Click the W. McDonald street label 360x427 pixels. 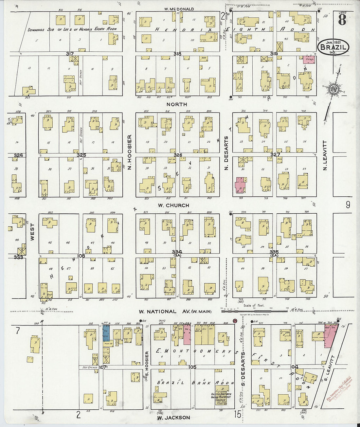click(x=179, y=9)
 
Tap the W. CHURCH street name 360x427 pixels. click(x=173, y=205)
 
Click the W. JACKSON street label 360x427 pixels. click(x=173, y=418)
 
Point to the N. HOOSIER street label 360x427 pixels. click(x=129, y=152)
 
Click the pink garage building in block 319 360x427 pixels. click(x=309, y=59)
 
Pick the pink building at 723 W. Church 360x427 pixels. click(x=241, y=185)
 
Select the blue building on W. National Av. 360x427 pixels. click(x=106, y=333)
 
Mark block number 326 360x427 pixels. click(x=178, y=155)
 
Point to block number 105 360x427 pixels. click(x=192, y=367)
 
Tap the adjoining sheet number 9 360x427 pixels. click(x=348, y=205)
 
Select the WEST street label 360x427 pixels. click(x=32, y=232)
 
